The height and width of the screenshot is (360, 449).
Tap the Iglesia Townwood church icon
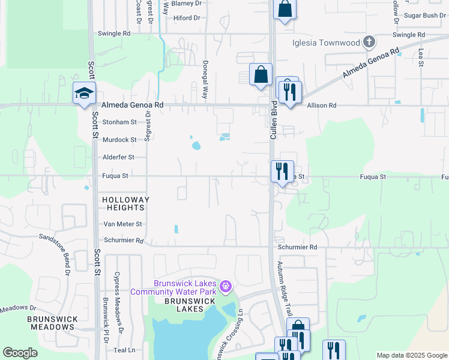pyautogui.click(x=369, y=42)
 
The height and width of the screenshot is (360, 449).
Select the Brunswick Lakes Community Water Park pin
pyautogui.click(x=225, y=287)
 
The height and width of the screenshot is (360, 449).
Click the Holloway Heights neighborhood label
pyautogui.click(x=125, y=203)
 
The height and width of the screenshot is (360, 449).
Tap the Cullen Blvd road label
pyautogui.click(x=273, y=125)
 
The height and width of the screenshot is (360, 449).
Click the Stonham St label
pyautogui.click(x=119, y=122)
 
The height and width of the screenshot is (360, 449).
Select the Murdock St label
pyautogui.click(x=119, y=140)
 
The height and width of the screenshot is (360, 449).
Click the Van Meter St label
pyautogui.click(x=122, y=224)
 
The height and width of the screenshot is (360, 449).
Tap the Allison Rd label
pyautogui.click(x=322, y=106)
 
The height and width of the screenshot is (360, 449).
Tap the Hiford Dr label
pyautogui.click(x=187, y=18)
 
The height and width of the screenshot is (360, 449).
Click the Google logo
pyautogui.click(x=20, y=353)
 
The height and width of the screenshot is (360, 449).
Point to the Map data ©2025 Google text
pyautogui.click(x=411, y=355)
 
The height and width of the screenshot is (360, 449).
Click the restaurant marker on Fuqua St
pyautogui.click(x=280, y=172)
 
